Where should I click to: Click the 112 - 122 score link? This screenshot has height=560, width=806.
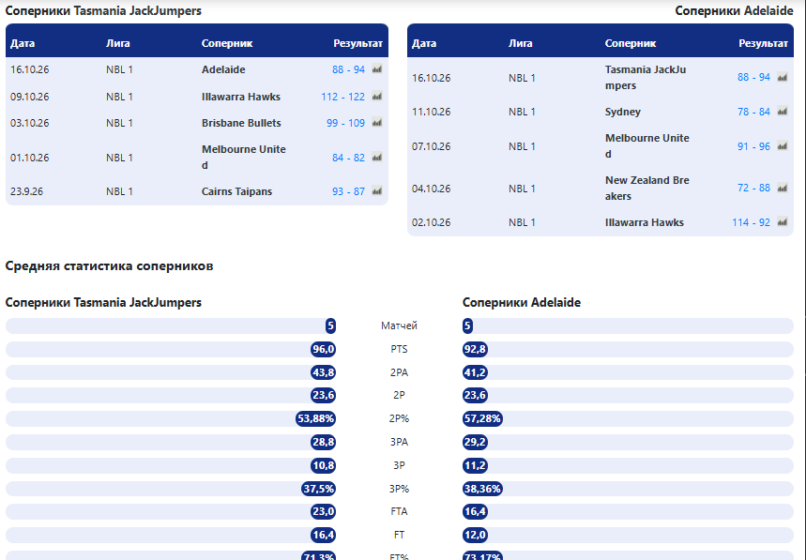[342, 97]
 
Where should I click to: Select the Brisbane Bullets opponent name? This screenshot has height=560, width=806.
[241, 123]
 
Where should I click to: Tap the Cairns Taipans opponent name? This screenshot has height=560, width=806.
[236, 191]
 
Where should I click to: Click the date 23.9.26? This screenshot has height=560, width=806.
[26, 191]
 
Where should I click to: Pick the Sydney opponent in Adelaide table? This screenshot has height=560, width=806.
[622, 112]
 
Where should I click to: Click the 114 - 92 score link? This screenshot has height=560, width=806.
[751, 222]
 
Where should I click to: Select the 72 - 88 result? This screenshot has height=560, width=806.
[753, 188]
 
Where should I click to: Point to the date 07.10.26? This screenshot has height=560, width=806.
[431, 146]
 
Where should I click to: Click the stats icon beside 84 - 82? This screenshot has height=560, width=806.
[377, 158]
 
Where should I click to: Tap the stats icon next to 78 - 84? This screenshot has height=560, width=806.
[783, 112]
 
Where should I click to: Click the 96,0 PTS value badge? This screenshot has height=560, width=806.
[324, 349]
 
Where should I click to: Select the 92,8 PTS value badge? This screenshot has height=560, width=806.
[475, 349]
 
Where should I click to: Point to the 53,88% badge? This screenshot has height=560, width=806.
[315, 418]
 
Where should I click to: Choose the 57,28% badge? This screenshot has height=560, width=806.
[482, 418]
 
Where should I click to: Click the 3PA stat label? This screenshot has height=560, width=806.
[399, 442]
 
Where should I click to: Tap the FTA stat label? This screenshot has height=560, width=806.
[399, 511]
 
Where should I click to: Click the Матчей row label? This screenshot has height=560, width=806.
[399, 325]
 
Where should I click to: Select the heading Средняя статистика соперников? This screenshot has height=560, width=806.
[109, 265]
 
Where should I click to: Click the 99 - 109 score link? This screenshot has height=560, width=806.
[345, 123]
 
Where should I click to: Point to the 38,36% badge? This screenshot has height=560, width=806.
[482, 489]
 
